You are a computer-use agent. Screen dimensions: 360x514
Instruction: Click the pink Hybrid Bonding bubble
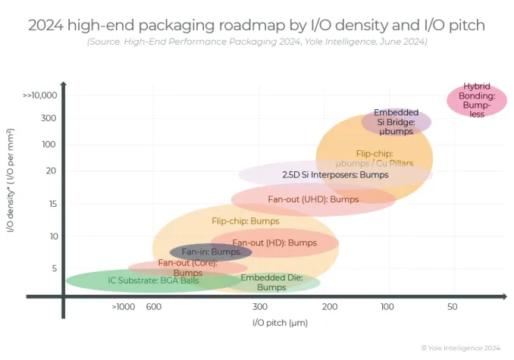[x=477, y=100]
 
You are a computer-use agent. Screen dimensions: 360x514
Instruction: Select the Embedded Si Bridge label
[x=396, y=122]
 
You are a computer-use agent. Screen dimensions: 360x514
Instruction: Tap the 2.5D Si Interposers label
[x=335, y=175]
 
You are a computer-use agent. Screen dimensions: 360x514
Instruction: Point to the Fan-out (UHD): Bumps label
[x=313, y=199]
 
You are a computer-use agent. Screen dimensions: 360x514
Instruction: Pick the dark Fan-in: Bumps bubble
[x=210, y=252]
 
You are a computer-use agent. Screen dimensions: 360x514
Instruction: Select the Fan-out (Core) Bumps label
[x=187, y=268]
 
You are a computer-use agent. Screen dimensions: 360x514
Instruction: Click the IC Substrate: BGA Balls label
[x=153, y=280]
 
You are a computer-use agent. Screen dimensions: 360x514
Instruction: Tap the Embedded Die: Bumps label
[x=271, y=283]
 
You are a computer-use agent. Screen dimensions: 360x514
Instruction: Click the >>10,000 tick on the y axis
[x=40, y=95]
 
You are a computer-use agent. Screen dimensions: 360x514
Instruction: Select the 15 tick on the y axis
[x=52, y=203]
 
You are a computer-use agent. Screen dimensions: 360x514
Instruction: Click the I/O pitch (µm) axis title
[x=280, y=323]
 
